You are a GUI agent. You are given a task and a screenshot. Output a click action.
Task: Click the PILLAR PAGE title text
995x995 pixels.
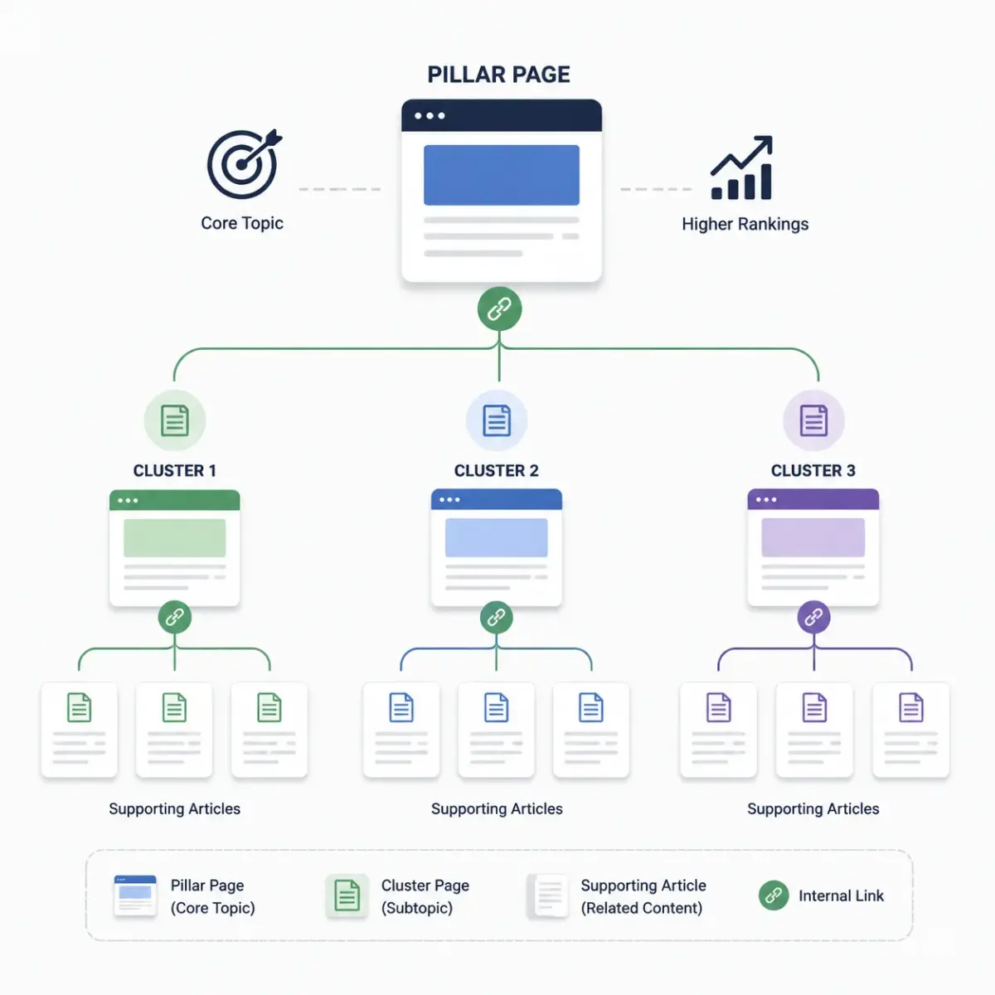(498, 75)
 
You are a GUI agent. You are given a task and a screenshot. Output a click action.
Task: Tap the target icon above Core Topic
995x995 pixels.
(244, 164)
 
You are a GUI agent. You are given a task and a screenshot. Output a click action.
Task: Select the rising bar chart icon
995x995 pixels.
(741, 167)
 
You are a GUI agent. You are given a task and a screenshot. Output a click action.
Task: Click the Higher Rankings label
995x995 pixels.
(745, 224)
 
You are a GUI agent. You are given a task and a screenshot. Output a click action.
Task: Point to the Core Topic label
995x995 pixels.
(241, 223)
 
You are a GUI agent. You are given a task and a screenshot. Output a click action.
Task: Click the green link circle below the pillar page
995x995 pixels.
(499, 308)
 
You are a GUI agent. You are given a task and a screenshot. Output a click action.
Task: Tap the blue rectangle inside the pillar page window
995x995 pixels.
(502, 175)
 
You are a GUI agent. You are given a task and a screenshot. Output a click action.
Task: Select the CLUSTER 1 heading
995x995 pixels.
(174, 470)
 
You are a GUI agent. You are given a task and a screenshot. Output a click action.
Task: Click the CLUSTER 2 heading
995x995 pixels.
(496, 470)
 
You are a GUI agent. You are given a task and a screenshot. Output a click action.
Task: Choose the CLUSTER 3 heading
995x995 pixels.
(813, 470)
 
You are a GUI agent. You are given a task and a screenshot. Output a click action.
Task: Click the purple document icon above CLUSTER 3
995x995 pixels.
(813, 420)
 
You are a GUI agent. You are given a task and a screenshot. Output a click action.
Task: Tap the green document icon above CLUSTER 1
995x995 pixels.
(174, 420)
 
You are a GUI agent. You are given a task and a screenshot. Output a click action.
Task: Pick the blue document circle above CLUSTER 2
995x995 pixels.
(497, 420)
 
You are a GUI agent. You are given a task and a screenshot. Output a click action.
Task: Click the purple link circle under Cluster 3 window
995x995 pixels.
(813, 617)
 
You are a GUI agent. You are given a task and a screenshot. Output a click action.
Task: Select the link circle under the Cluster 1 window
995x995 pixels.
(174, 617)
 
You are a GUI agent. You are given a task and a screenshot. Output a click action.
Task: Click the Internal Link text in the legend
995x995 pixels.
(841, 895)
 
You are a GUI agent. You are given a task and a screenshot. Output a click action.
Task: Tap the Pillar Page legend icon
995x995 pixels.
(135, 895)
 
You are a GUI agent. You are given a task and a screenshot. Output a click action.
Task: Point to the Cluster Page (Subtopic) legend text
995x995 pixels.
(425, 896)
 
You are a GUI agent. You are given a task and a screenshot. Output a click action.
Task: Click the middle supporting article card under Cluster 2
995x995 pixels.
(496, 730)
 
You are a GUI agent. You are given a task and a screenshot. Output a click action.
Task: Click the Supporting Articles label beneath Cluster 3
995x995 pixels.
(813, 808)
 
